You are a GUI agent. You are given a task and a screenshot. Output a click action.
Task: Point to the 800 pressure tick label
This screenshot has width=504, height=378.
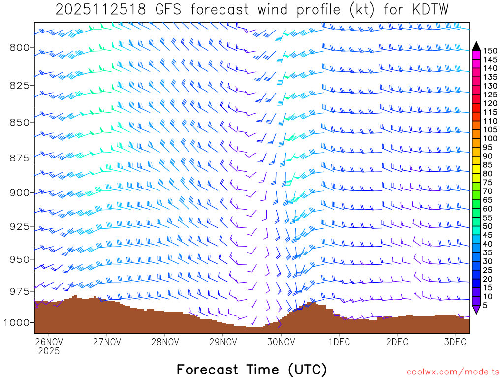20,48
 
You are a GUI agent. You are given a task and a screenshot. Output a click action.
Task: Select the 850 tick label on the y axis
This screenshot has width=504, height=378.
20,122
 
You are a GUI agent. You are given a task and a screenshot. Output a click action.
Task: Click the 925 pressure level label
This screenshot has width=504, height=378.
20,226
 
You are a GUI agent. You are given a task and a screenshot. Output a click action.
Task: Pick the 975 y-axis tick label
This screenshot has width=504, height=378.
20,291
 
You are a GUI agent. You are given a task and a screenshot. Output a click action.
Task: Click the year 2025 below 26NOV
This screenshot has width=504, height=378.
49,351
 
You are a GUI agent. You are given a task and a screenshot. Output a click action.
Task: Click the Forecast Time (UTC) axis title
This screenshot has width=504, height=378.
252,369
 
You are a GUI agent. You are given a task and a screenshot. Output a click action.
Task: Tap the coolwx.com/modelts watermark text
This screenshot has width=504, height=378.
453,372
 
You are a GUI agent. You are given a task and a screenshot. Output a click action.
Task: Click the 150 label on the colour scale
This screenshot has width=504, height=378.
490,51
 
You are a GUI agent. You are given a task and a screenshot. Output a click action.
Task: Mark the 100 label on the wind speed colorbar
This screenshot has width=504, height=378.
490,139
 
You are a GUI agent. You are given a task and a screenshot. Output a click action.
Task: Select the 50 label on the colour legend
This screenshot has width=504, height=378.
488,226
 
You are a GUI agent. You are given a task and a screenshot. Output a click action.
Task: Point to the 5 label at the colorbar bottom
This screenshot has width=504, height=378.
485,305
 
